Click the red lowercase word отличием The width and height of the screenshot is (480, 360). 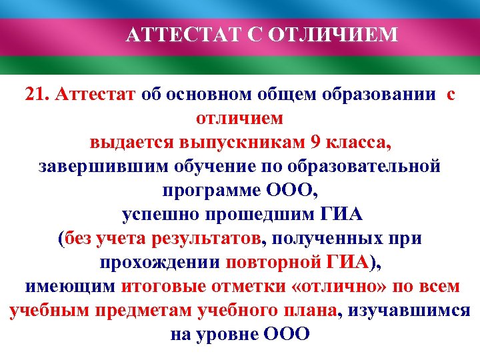tap(239, 118)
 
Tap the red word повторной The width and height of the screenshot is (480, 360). tap(270, 262)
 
